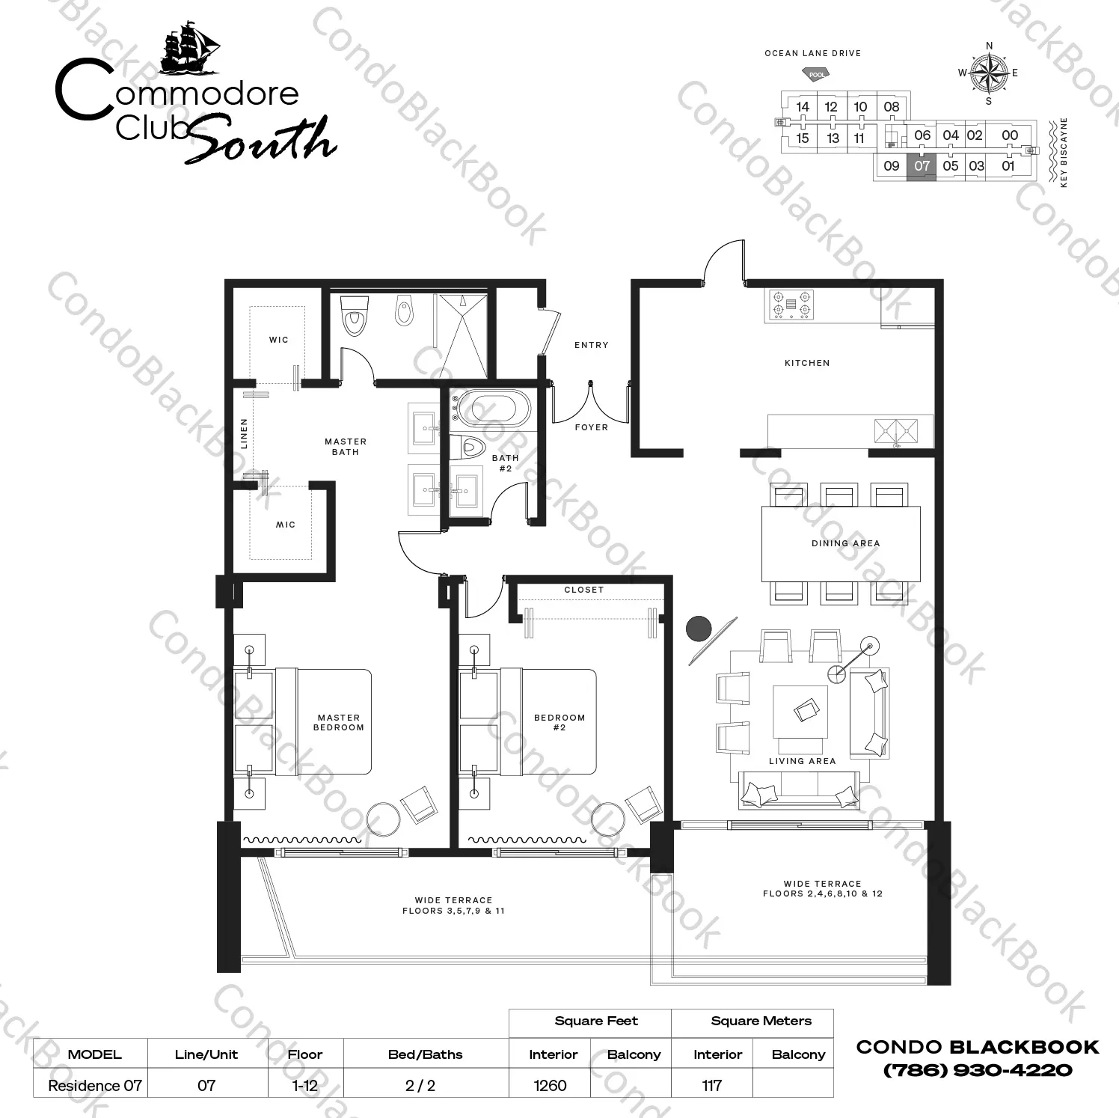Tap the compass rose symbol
pyautogui.click(x=989, y=73)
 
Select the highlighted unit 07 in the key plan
pyautogui.click(x=922, y=166)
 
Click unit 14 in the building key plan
pyautogui.click(x=803, y=106)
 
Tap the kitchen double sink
pyautogui.click(x=897, y=431)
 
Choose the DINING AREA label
pyautogui.click(x=845, y=543)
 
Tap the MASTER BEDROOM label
pyautogui.click(x=339, y=722)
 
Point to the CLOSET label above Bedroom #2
pyautogui.click(x=583, y=590)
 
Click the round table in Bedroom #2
pyautogui.click(x=608, y=819)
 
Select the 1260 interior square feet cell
pyautogui.click(x=550, y=1085)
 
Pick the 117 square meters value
pyautogui.click(x=711, y=1085)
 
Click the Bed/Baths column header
pyautogui.click(x=425, y=1054)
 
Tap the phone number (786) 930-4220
pyautogui.click(x=978, y=1070)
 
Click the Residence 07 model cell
pyautogui.click(x=94, y=1085)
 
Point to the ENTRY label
pyautogui.click(x=591, y=345)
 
